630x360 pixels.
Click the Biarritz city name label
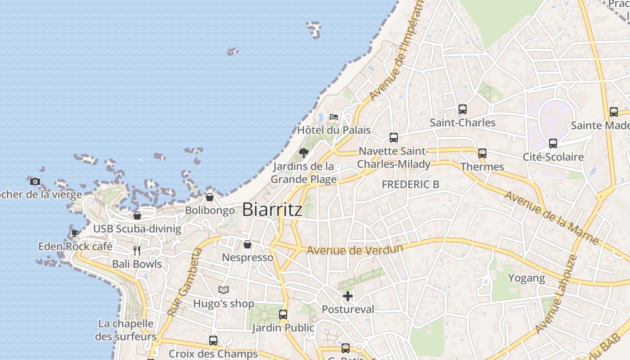272,210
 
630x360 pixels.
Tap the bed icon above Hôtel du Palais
333,117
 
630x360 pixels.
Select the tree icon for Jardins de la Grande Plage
304,153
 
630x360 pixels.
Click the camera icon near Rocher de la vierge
35,182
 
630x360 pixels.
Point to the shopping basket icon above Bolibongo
210,197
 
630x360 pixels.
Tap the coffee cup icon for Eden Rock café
75,233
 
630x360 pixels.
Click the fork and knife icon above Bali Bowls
137,251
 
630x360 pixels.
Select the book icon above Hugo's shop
224,290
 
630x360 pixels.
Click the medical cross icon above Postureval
348,296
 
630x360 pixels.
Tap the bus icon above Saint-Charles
463,109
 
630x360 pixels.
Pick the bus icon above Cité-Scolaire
553,144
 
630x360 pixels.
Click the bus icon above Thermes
482,153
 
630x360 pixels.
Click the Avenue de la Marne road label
551,218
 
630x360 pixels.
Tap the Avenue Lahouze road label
557,295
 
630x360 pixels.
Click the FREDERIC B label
410,184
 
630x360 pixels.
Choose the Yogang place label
526,278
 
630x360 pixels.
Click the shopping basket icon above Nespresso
247,244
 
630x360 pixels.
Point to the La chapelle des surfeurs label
126,330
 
